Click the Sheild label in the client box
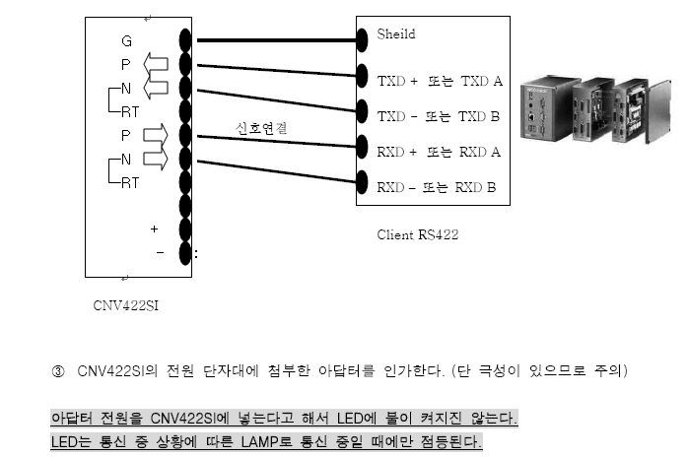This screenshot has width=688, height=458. point(395,34)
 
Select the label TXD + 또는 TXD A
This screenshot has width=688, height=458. point(439,81)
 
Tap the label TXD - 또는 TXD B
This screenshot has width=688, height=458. point(439,116)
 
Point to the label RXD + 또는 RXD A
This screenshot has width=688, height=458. point(439,152)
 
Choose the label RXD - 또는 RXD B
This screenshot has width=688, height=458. point(439,187)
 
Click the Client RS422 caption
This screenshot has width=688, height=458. point(417,235)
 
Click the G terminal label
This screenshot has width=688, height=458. point(126,42)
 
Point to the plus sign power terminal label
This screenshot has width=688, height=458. point(154,229)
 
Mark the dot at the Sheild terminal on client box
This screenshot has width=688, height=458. point(362,41)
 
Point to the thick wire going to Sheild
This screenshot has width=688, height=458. point(276,41)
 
